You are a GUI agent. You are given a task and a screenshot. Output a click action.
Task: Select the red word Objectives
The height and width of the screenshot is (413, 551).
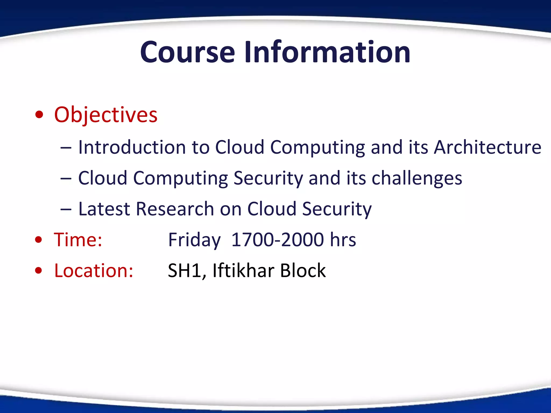[x=106, y=115]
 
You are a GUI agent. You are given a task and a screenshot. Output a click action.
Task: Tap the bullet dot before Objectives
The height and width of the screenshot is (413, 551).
[x=39, y=115]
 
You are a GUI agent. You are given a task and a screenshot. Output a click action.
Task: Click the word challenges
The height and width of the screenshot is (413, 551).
[x=417, y=179]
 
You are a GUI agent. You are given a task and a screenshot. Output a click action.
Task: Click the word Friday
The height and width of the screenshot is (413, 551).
[x=194, y=240]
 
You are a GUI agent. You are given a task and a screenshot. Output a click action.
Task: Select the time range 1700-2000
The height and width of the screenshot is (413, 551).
[x=277, y=240]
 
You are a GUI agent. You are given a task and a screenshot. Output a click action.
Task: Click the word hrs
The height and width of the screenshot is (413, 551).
[x=343, y=240]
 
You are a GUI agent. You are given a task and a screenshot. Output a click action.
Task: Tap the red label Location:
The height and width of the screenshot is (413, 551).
[x=94, y=270]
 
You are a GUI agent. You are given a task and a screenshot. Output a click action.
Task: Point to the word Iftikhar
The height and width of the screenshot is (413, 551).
[x=243, y=270]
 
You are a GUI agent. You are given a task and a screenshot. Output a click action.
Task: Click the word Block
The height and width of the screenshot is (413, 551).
[x=303, y=270]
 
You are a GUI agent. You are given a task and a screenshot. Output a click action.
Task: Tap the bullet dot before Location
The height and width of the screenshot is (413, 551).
[x=39, y=270]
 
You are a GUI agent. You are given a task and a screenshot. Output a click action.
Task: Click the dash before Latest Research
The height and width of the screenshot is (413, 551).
[x=66, y=209]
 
